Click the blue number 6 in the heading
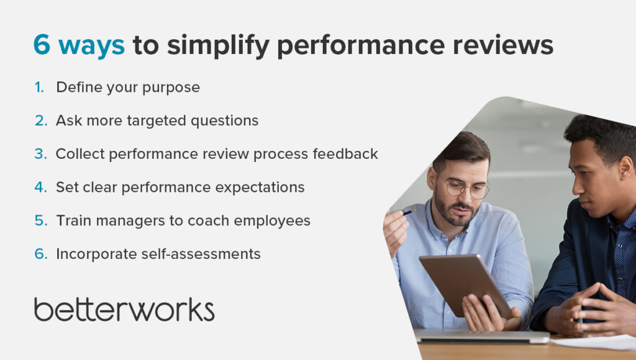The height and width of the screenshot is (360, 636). tap(42, 45)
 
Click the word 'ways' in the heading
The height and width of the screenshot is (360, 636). tap(92, 47)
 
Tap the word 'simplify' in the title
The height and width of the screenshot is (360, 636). tap(218, 45)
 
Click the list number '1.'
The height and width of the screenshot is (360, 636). tap(39, 87)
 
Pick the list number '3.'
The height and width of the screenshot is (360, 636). tap(40, 154)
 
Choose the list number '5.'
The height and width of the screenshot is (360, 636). tap(41, 220)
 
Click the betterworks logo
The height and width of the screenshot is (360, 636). tap(124, 310)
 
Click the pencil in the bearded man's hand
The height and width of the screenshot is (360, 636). tap(409, 212)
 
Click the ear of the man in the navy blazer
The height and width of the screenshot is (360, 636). tap(625, 169)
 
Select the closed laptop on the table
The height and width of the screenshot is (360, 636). tap(481, 336)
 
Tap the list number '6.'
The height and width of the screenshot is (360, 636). tap(41, 254)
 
